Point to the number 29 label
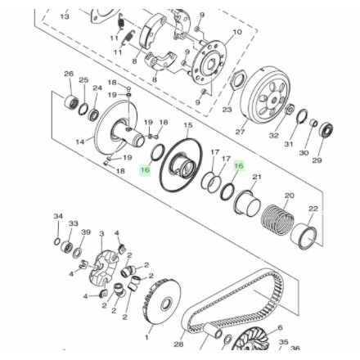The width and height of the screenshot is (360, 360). (317, 160)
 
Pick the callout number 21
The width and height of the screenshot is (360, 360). (257, 176)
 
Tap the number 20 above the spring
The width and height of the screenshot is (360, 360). (288, 196)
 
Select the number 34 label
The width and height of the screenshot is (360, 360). (57, 217)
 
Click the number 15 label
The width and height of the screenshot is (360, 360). (188, 125)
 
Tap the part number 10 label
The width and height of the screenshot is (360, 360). (237, 32)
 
